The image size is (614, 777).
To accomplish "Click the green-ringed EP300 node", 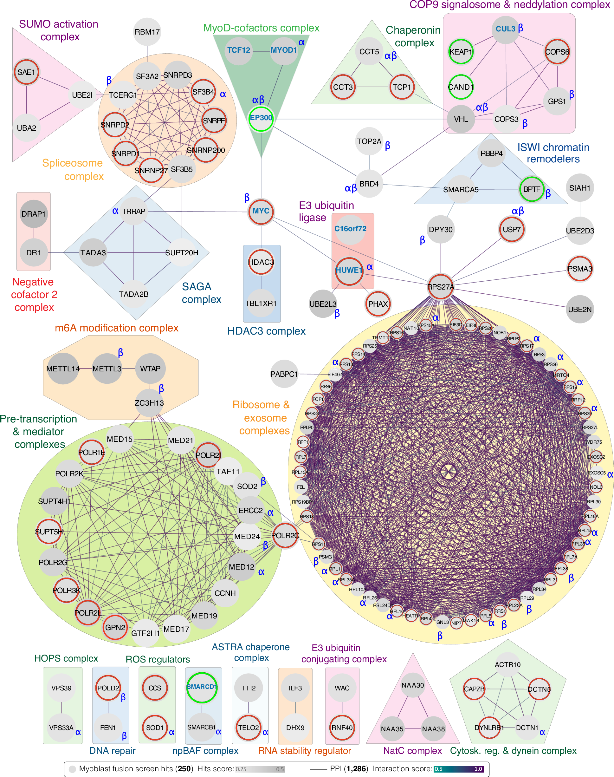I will click(x=261, y=118).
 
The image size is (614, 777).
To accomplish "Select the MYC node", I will click(x=261, y=211).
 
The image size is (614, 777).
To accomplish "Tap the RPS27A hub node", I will click(x=440, y=286).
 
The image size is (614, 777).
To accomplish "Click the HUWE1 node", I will click(x=349, y=271).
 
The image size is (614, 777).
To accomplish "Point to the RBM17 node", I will click(x=147, y=32).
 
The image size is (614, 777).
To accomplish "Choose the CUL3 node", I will click(x=506, y=29).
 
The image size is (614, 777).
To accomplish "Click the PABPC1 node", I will click(x=284, y=374).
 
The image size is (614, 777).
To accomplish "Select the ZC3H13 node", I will click(x=149, y=403).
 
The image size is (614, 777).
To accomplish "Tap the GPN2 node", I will click(x=115, y=627).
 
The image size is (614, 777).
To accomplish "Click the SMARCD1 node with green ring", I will click(x=202, y=687).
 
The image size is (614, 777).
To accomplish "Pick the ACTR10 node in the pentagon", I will click(x=507, y=665).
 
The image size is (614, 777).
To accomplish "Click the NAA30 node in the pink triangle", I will click(x=413, y=685).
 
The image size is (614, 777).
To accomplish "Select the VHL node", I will click(x=461, y=119).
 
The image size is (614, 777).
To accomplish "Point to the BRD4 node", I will click(x=369, y=184).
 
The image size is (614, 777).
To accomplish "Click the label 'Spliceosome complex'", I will click(x=73, y=169).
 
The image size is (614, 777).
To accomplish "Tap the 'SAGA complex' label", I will click(x=201, y=293).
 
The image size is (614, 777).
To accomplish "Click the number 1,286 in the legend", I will click(x=356, y=769).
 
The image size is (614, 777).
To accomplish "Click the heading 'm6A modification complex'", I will click(x=116, y=328).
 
